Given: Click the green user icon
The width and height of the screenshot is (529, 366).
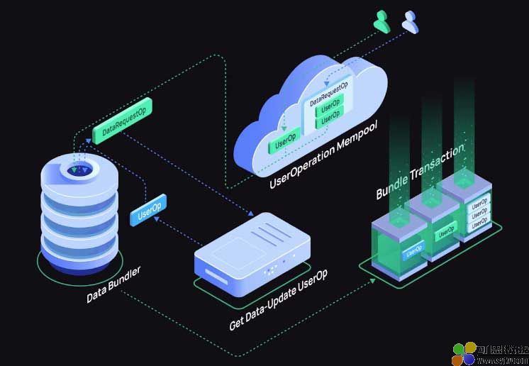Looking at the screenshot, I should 383,23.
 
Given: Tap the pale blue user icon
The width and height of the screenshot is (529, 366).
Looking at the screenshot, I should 410,22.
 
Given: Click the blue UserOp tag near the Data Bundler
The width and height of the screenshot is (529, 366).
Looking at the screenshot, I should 147,211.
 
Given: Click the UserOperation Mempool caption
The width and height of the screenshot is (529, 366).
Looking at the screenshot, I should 323,153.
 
